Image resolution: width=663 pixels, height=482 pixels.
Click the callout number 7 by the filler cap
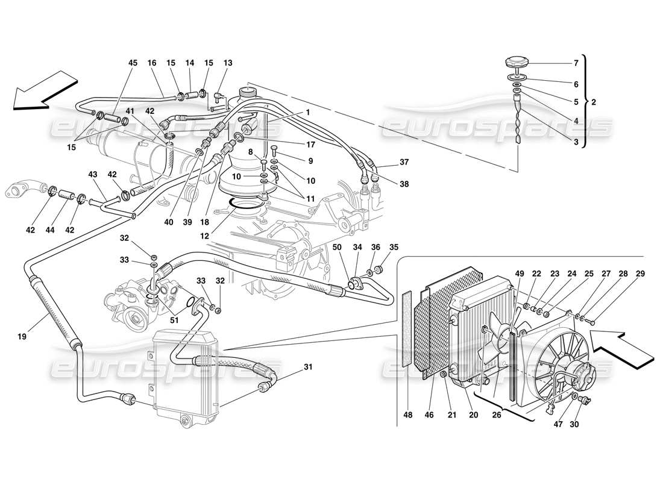[x=576, y=63]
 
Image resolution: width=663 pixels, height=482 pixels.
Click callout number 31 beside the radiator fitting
[x=308, y=368]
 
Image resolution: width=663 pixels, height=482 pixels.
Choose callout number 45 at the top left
[x=133, y=63]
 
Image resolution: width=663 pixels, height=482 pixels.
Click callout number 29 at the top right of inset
[x=640, y=274]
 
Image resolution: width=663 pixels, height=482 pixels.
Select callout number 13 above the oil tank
[x=227, y=63]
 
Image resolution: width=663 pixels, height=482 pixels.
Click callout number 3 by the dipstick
[x=576, y=142]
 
